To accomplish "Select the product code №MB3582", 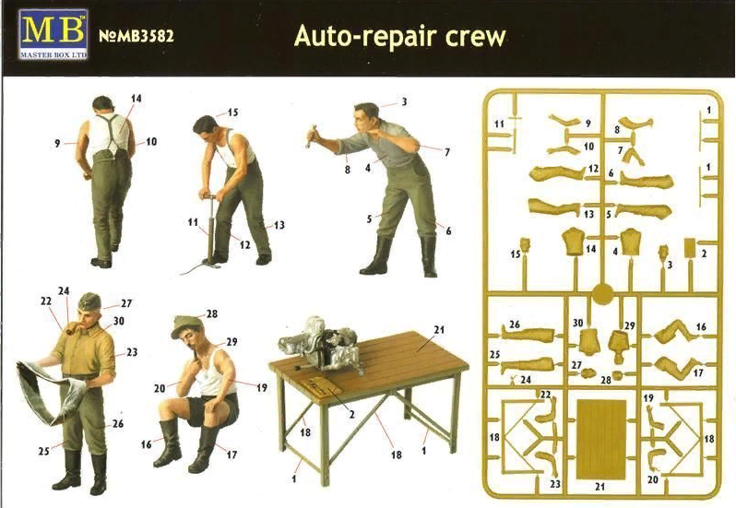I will (136, 38).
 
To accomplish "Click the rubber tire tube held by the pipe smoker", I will (51, 392).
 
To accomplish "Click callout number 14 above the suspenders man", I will (137, 98).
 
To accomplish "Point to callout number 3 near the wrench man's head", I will (403, 101).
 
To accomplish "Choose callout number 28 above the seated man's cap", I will (211, 314).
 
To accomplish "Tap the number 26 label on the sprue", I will (515, 324).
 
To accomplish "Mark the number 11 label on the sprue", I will (499, 123).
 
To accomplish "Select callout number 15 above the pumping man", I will (232, 112).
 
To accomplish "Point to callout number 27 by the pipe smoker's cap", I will (125, 302).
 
